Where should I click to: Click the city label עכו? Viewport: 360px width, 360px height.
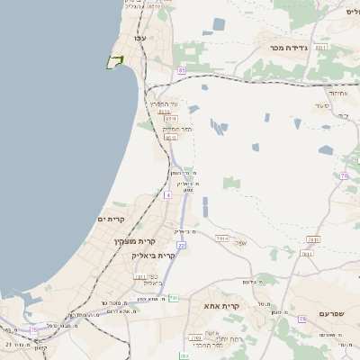[x=139, y=39]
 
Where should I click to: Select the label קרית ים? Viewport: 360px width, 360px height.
[x=109, y=220]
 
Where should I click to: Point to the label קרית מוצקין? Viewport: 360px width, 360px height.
[x=135, y=241]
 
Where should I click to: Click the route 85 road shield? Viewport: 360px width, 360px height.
[x=182, y=69]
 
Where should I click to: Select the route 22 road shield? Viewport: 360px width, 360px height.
[x=181, y=245]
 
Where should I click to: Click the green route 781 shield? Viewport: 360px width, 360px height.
[x=175, y=297]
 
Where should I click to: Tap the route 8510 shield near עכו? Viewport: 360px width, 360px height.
[x=155, y=6]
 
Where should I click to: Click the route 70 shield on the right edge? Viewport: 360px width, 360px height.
[x=344, y=175]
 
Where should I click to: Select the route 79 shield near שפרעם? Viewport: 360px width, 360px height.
[x=302, y=319]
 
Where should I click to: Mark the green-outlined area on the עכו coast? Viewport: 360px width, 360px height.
[x=114, y=62]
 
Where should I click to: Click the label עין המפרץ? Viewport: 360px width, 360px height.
[x=165, y=103]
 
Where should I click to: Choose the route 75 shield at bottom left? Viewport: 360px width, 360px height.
[x=34, y=330]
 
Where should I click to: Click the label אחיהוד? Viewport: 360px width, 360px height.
[x=339, y=93]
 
